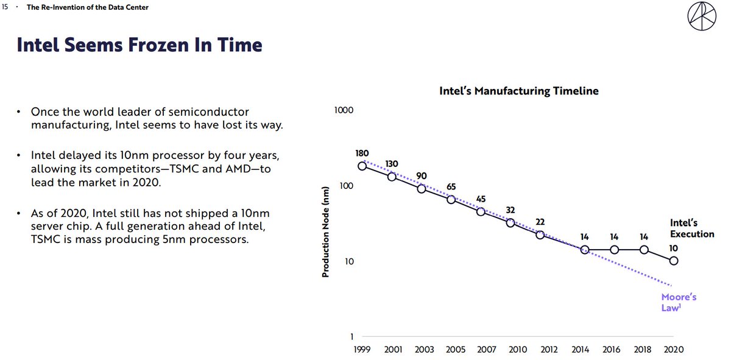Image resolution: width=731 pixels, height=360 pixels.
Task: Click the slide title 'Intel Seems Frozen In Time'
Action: pos(139,44)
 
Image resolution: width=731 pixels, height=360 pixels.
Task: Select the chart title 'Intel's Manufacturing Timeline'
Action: pos(519,91)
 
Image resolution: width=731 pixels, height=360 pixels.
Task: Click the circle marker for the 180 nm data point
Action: pos(362,166)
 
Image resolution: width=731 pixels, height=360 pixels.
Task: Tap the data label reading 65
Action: pos(451,186)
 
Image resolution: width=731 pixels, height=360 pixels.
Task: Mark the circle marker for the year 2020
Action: pos(673,261)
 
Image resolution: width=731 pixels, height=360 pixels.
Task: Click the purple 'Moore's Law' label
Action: pos(679,302)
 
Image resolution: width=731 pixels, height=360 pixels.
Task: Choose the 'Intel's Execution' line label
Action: pos(692,228)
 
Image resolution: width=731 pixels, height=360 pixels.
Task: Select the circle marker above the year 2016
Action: pos(614,250)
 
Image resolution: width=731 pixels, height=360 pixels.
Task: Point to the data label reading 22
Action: pos(540,222)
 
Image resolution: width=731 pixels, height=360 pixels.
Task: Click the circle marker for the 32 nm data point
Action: pos(510,223)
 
